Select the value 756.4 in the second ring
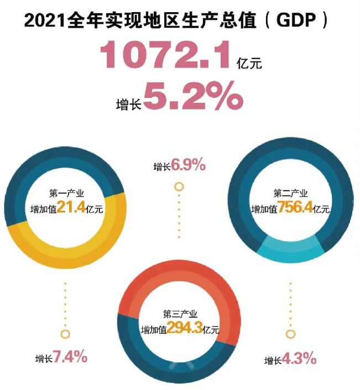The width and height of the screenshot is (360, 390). coord(296,209)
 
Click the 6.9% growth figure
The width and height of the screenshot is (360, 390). coord(188,164)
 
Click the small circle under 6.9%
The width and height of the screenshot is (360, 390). coord(179,186)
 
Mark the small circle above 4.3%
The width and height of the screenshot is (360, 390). coord(291,334)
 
